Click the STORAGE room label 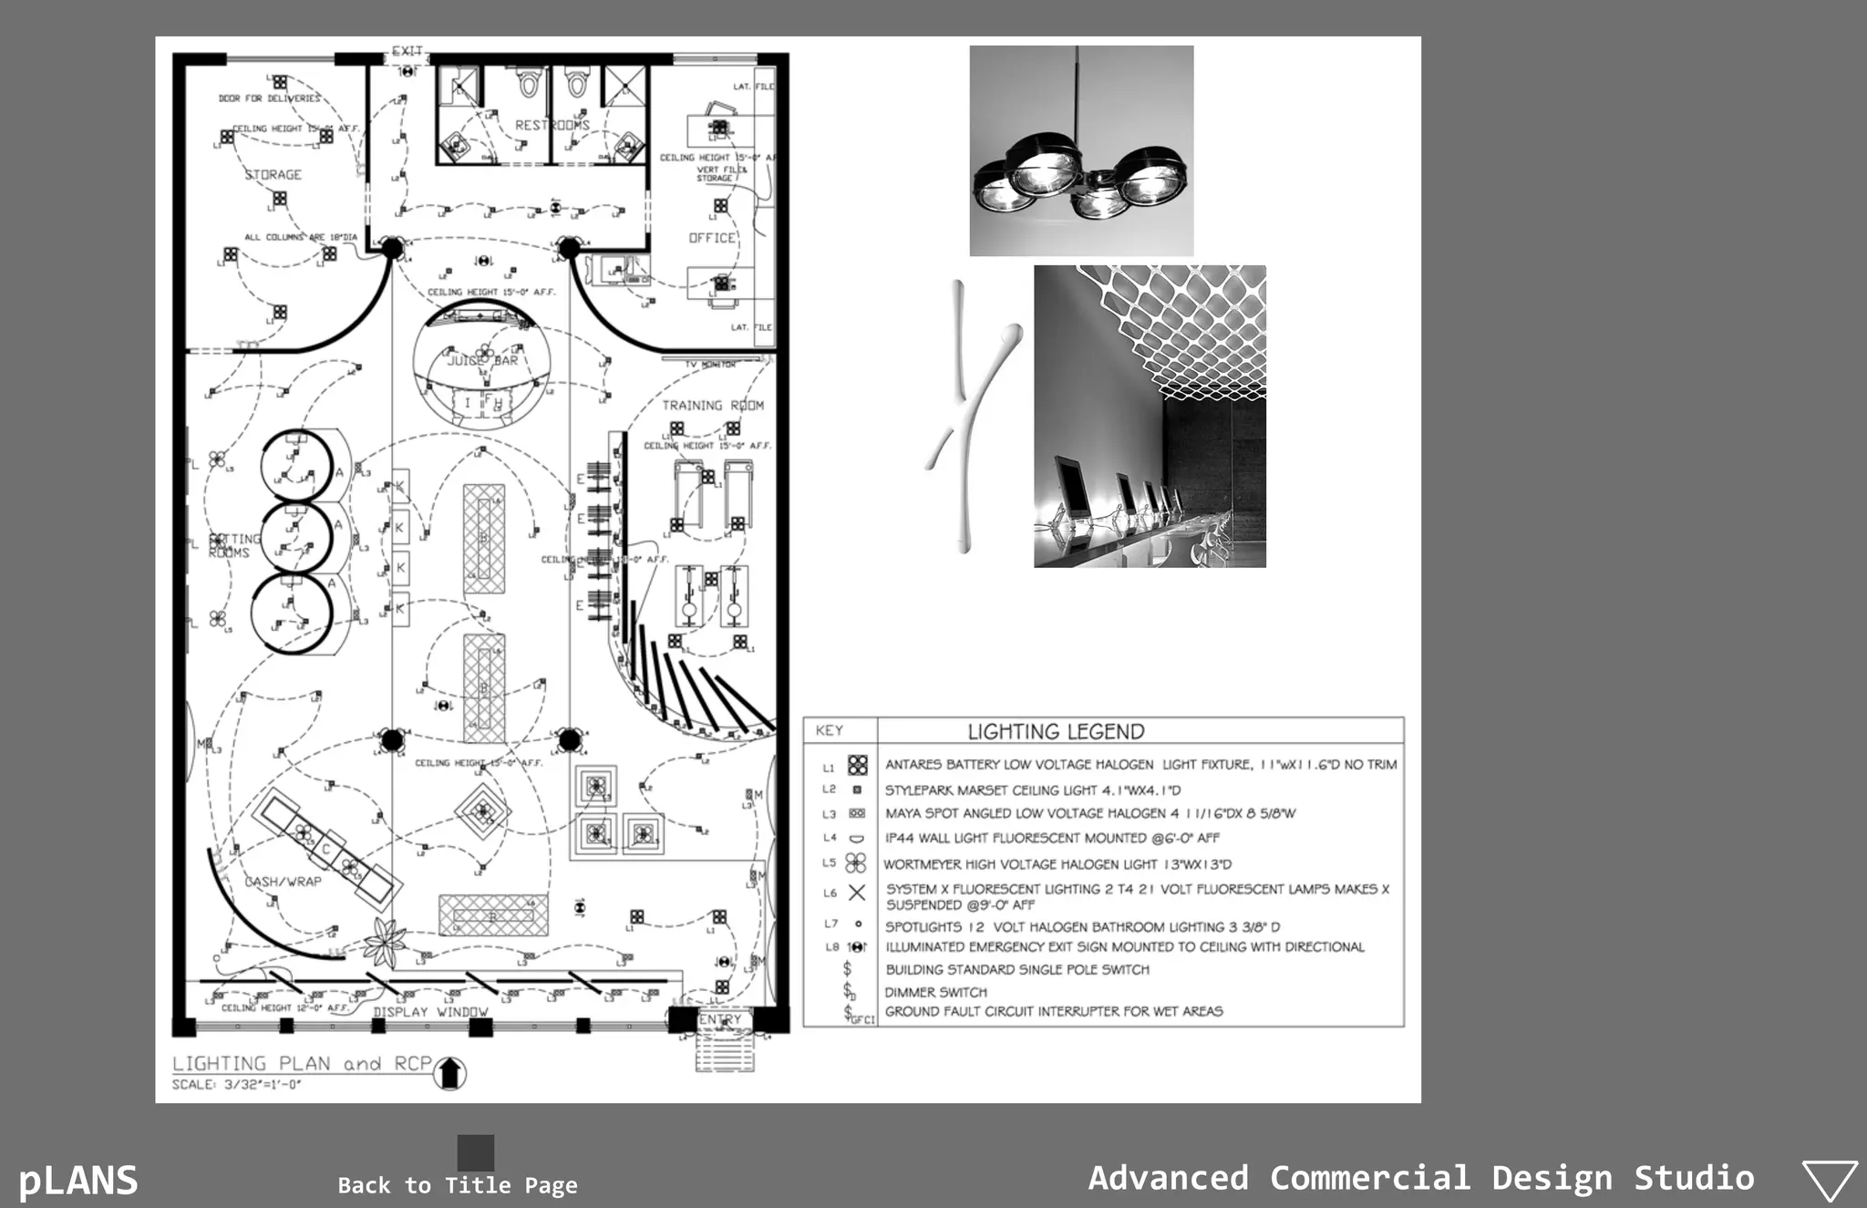pos(273,174)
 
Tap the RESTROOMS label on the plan pos(552,125)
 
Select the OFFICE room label pos(712,238)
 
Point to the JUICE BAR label pos(482,360)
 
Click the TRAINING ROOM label pos(713,405)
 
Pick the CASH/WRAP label pos(283,882)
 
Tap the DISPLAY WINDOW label pos(430,1012)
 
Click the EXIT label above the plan pos(407,51)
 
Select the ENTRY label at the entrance pos(720,1019)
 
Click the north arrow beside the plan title pos(449,1073)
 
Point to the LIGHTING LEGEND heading pos(1056,731)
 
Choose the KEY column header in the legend pos(830,730)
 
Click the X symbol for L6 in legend pos(857,893)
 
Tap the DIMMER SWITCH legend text pos(935,992)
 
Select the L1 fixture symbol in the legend pos(857,765)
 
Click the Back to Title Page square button pos(475,1152)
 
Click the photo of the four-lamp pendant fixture pos(1081,151)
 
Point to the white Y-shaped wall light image pos(969,415)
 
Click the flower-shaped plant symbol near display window pos(385,943)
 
